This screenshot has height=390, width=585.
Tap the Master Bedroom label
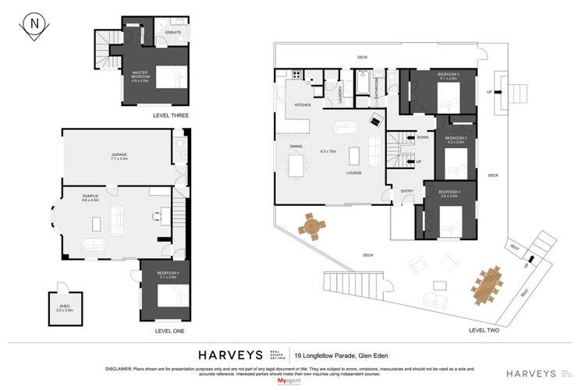tap(140, 75)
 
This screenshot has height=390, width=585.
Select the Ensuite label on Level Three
tap(174, 33)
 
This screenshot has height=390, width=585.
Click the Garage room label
tap(119, 156)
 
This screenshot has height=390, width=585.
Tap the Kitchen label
tap(302, 104)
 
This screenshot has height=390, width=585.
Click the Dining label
tap(296, 146)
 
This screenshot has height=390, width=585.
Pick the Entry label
tap(406, 190)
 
